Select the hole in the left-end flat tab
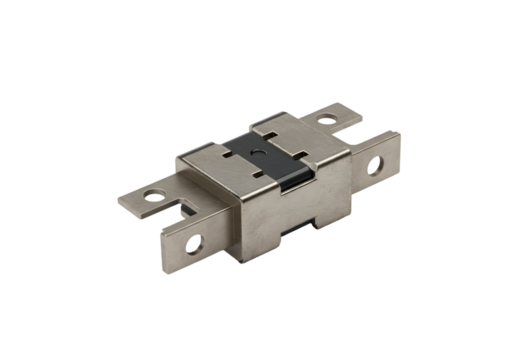154,195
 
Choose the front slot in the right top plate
300,153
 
